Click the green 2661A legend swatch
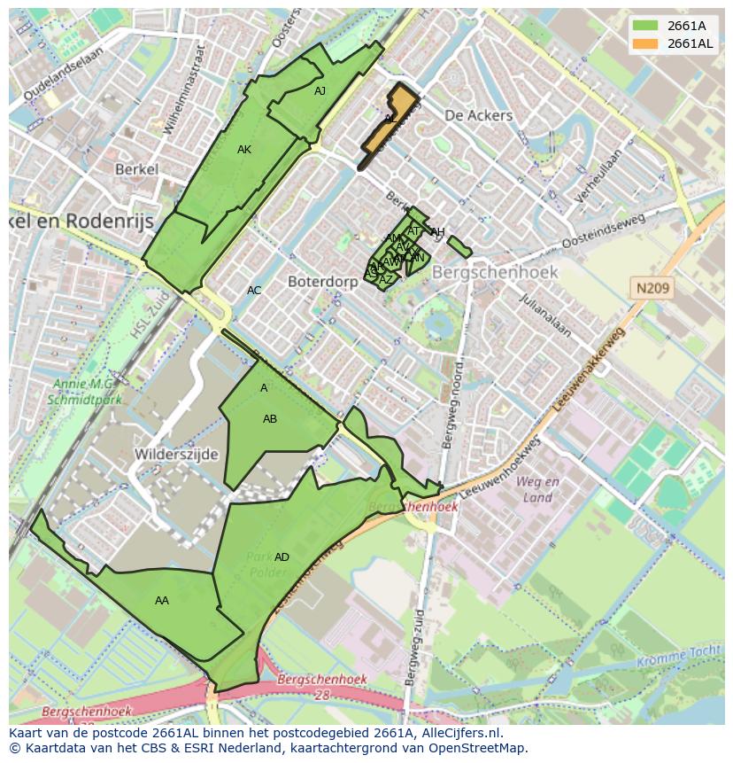646,26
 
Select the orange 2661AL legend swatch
646,43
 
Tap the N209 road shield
652,288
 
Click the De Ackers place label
478,115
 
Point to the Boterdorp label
322,281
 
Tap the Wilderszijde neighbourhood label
176,454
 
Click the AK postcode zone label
244,150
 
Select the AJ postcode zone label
320,90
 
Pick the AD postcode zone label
282,557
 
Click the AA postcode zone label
162,601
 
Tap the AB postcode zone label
270,419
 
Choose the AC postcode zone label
254,291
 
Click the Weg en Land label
537,489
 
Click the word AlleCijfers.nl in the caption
459,734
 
